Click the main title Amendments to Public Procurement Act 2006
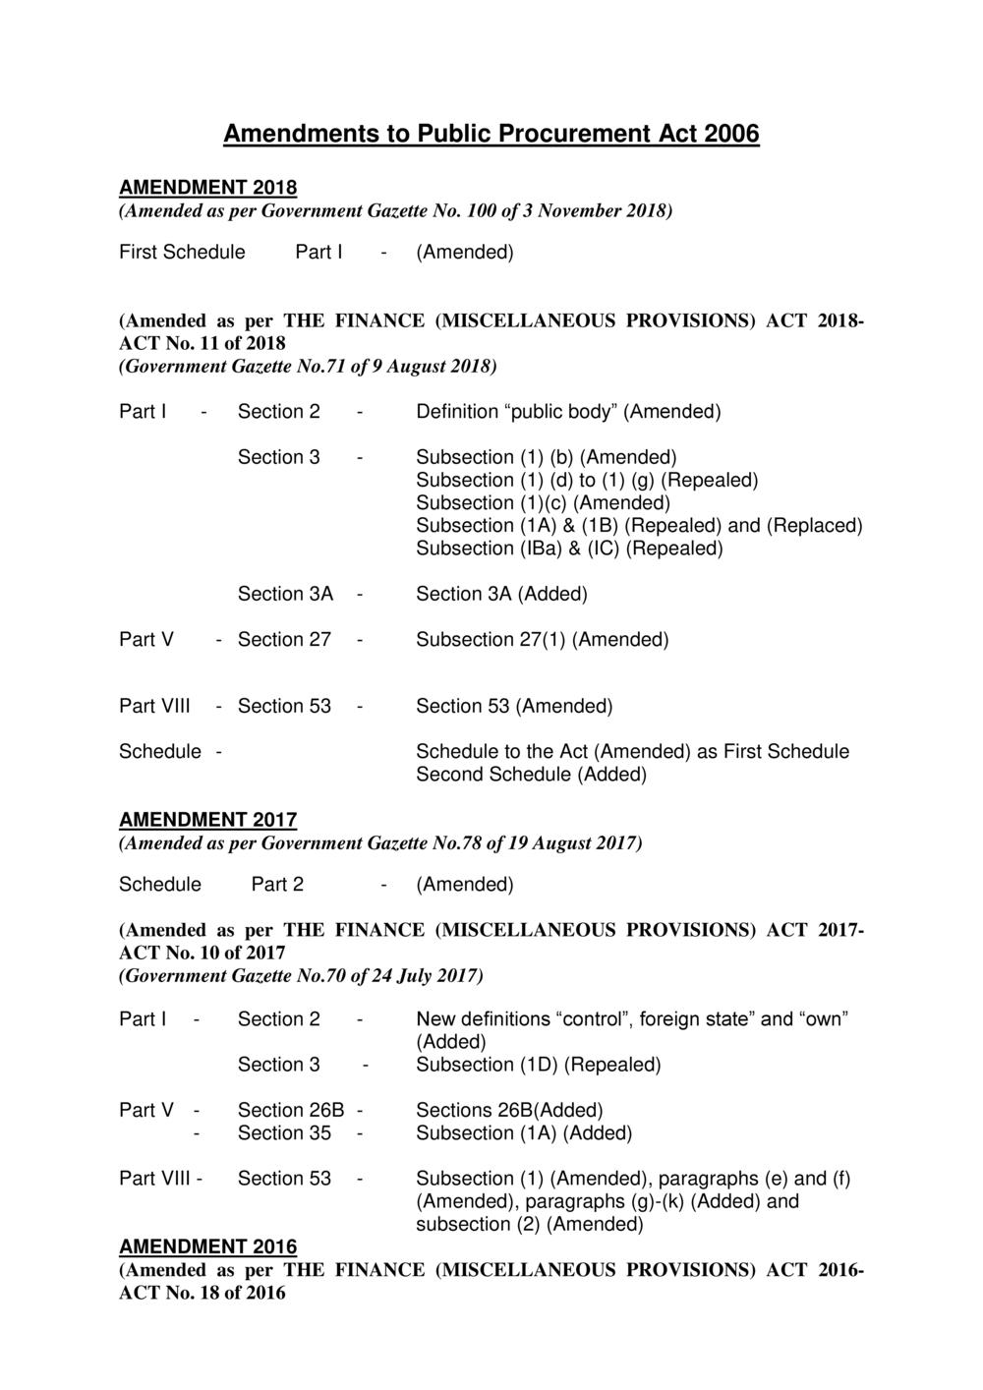pyautogui.click(x=491, y=134)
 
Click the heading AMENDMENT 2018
pyautogui.click(x=207, y=187)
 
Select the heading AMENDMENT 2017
pyautogui.click(x=207, y=820)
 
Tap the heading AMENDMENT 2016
pyautogui.click(x=207, y=1246)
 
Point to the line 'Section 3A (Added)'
pyautogui.click(x=501, y=594)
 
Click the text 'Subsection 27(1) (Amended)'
pyautogui.click(x=542, y=640)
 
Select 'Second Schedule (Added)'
pyautogui.click(x=531, y=775)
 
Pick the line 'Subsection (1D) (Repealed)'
pyautogui.click(x=538, y=1065)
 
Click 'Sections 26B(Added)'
pyautogui.click(x=509, y=1110)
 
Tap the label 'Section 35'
pyautogui.click(x=284, y=1133)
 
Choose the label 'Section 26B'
pyautogui.click(x=291, y=1110)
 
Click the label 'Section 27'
pyautogui.click(x=284, y=640)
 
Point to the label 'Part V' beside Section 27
pyautogui.click(x=146, y=640)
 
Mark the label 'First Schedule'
pyautogui.click(x=182, y=253)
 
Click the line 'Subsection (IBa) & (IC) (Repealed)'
pyautogui.click(x=569, y=549)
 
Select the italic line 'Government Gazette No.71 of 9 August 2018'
pyautogui.click(x=308, y=367)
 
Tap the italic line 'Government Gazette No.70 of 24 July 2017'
pyautogui.click(x=301, y=976)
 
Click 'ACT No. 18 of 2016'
pyautogui.click(x=202, y=1293)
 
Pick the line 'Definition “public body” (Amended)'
pyautogui.click(x=568, y=412)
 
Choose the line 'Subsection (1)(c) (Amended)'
pyautogui.click(x=543, y=503)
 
